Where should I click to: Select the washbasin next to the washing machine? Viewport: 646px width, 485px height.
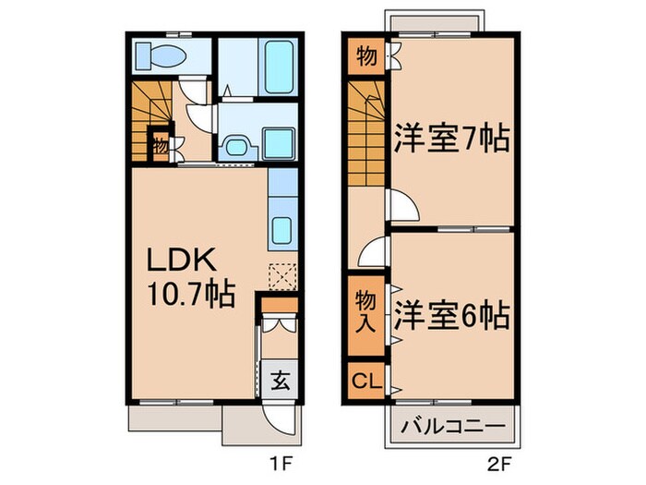coord(234,146)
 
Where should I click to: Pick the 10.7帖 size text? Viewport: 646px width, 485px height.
coord(190,296)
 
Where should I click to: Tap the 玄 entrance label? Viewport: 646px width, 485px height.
coord(277,379)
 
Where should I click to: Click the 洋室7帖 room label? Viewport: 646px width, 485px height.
coord(453,140)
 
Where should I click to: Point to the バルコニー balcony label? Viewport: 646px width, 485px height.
coord(452,425)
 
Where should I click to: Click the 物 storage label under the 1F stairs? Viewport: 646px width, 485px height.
coord(160,145)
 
